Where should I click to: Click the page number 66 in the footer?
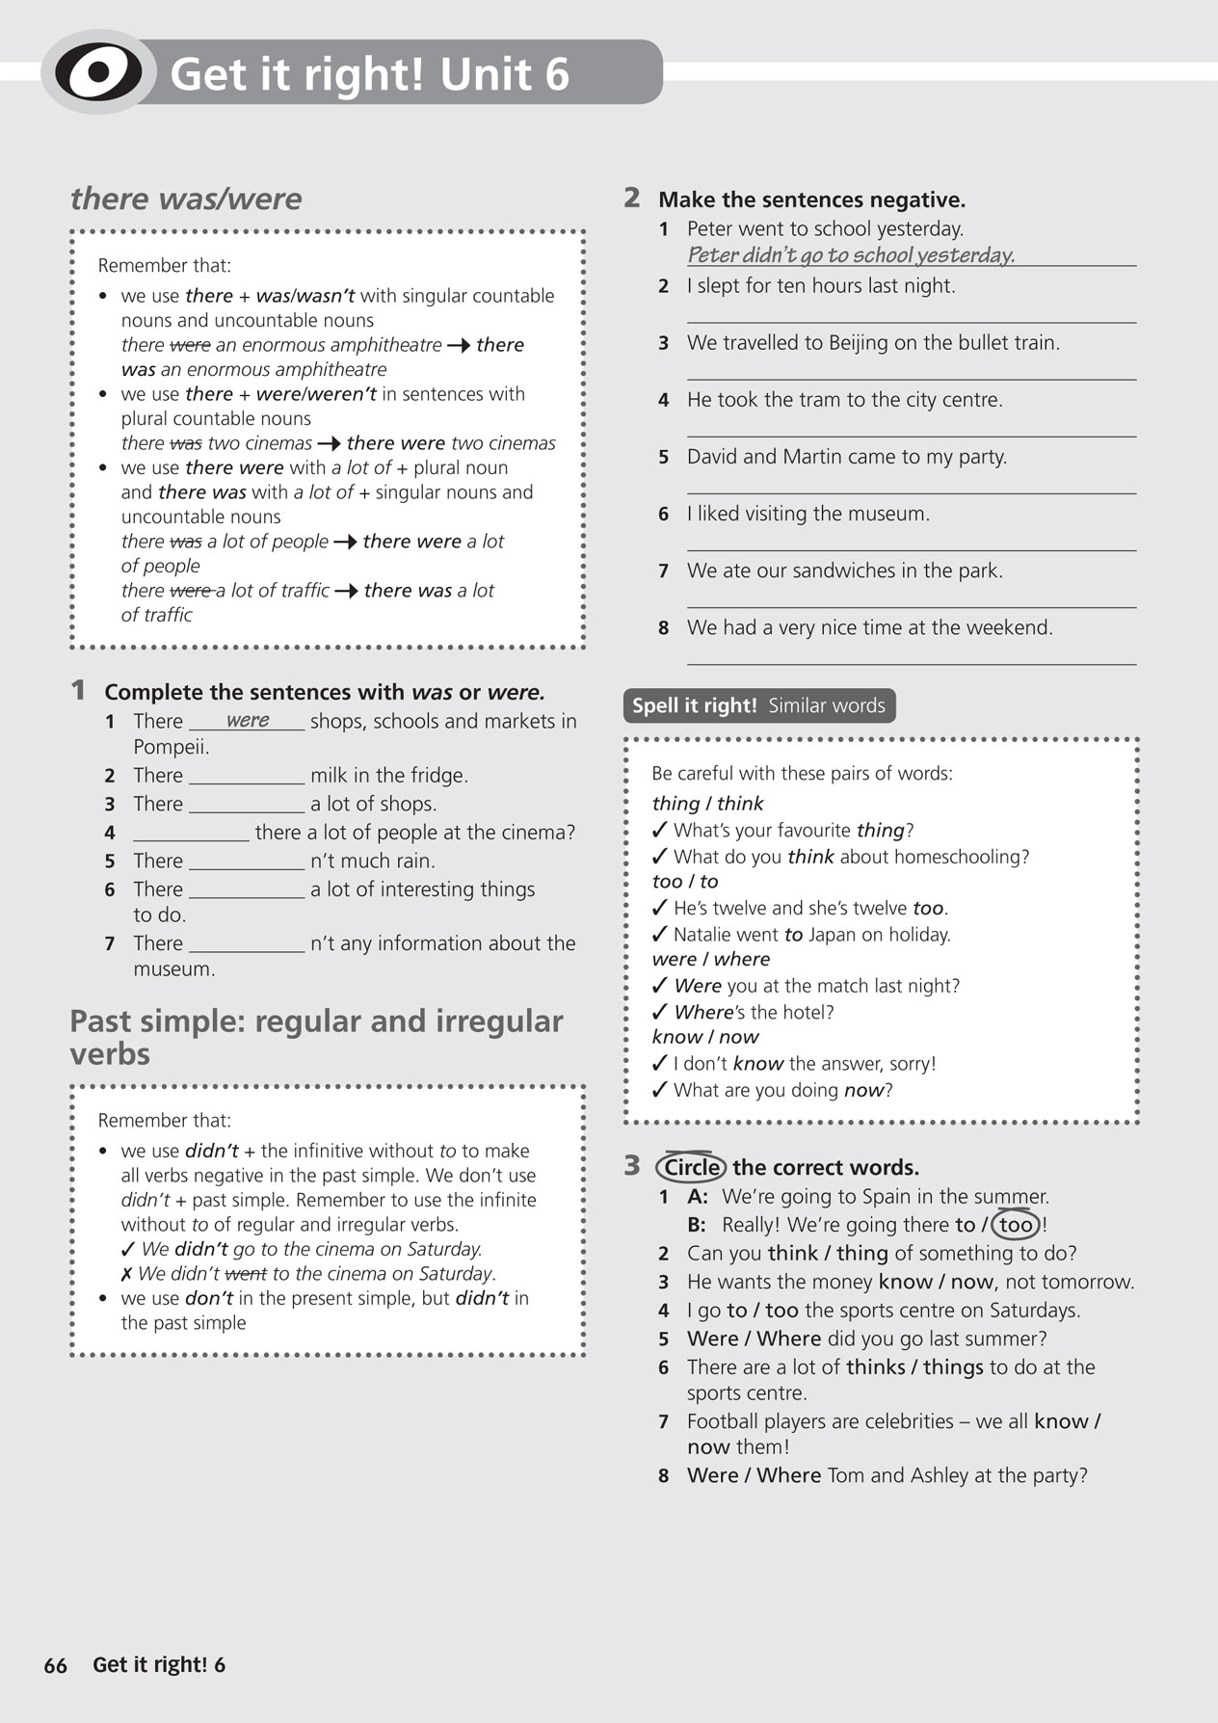coord(56,1665)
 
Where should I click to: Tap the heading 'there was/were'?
coord(186,199)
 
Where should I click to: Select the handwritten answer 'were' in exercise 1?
coord(248,721)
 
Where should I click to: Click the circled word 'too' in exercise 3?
coord(1016,1225)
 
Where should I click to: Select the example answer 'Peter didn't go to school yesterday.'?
coord(851,255)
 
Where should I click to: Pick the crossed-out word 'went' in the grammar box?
coord(246,1274)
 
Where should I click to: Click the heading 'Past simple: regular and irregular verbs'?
coord(316,1037)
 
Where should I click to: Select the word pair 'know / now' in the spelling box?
coord(704,1037)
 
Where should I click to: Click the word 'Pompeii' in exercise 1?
coord(171,747)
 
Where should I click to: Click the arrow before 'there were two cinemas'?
coord(329,444)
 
